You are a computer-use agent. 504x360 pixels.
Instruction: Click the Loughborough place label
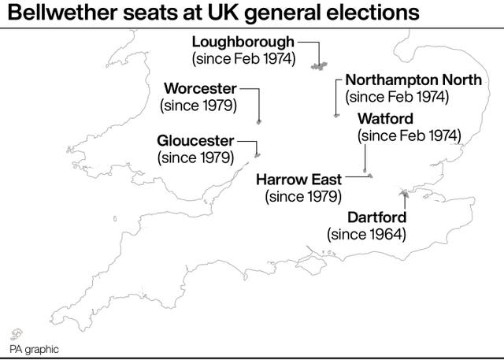[x=244, y=41]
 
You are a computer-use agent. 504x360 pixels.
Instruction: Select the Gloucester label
[x=195, y=140]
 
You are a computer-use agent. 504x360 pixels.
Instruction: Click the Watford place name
[x=385, y=118]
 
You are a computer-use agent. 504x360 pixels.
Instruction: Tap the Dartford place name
[x=379, y=217]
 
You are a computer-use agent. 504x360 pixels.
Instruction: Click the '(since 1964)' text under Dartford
[x=367, y=233]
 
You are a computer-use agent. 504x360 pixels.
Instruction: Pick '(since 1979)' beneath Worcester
[x=198, y=104]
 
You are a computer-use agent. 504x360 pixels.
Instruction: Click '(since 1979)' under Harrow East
[x=303, y=197]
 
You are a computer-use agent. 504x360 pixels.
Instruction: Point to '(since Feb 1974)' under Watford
[x=409, y=135]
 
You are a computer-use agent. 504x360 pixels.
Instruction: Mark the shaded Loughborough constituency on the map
[x=321, y=66]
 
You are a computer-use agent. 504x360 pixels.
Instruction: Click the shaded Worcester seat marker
[x=259, y=122]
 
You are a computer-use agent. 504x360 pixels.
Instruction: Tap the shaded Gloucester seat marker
[x=256, y=154]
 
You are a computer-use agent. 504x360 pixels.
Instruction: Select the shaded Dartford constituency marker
[x=405, y=191]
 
